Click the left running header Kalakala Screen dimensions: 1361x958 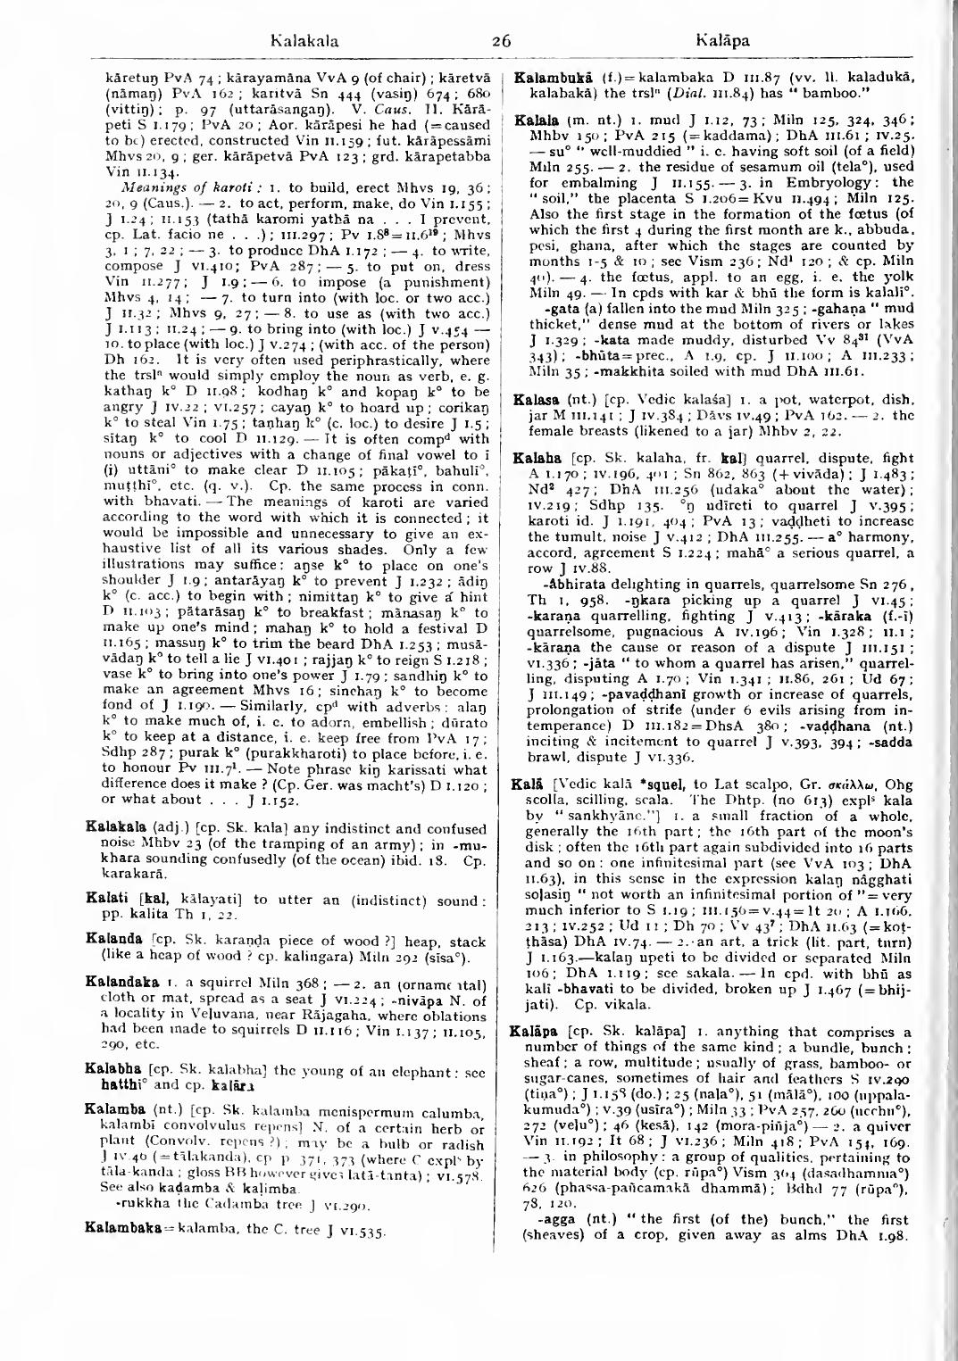tap(306, 40)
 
